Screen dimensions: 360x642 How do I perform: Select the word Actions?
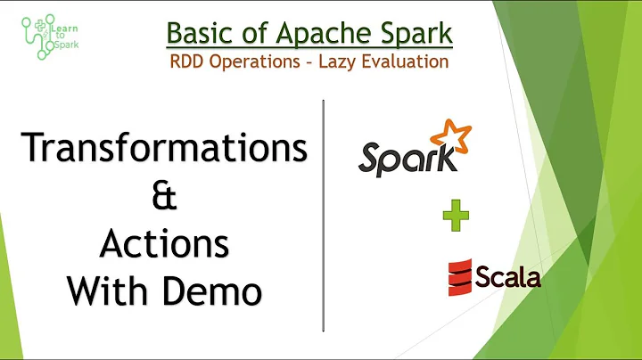[x=163, y=242]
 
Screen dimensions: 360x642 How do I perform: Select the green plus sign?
[x=455, y=216]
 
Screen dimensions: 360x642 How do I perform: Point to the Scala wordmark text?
[x=506, y=276]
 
